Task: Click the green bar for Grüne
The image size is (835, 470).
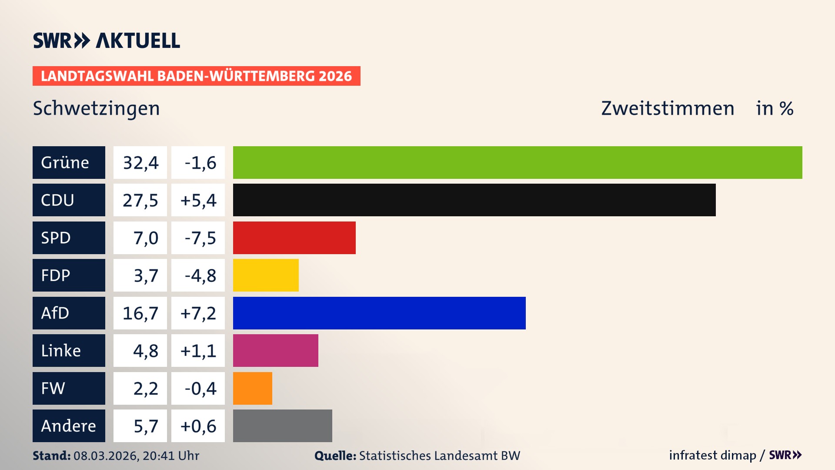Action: tap(518, 162)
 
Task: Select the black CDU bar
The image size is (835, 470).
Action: tap(474, 200)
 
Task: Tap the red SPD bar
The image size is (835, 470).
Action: tap(294, 238)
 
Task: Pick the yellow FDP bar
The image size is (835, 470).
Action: tap(266, 275)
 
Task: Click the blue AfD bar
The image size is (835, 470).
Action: tap(379, 313)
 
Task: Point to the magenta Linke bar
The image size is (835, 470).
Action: tap(275, 350)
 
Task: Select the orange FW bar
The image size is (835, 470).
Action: tap(252, 388)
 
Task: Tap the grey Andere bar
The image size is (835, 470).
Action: tap(282, 426)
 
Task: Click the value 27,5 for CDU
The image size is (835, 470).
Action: tap(140, 200)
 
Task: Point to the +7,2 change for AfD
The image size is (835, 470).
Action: tap(198, 313)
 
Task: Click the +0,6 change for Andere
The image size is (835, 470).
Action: tap(198, 426)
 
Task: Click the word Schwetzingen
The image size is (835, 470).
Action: tap(96, 109)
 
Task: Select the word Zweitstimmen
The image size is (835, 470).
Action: tap(668, 108)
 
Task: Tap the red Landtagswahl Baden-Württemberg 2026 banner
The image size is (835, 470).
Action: tap(196, 76)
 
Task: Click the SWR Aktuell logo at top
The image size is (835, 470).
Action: tap(107, 40)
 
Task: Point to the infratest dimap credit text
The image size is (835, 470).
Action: tap(712, 455)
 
